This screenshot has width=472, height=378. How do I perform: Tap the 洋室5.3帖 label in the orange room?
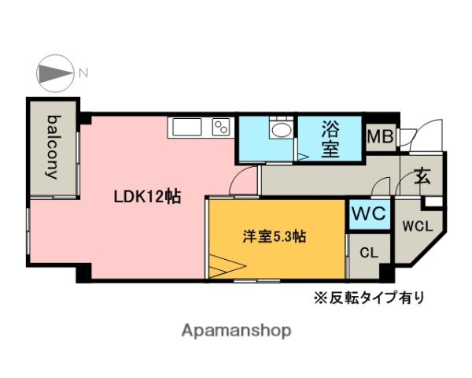point(274,235)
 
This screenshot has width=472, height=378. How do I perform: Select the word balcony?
point(53,147)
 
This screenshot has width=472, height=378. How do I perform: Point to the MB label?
point(381,138)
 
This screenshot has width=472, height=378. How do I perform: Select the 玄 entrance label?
point(422,175)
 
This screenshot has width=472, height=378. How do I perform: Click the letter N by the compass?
point(83,74)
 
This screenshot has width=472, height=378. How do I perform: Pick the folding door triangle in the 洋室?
point(224,267)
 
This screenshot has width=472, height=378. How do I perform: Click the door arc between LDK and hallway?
point(243,183)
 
